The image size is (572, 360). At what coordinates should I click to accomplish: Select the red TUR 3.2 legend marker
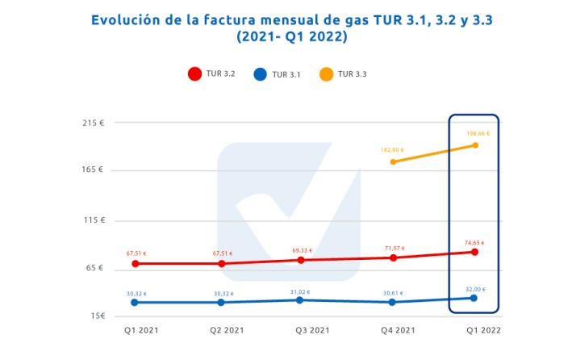[194, 74]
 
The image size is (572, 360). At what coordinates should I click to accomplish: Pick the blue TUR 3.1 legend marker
[260, 74]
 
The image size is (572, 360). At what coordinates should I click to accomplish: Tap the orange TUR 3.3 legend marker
[326, 74]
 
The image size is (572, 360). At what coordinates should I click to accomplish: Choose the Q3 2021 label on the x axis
[311, 331]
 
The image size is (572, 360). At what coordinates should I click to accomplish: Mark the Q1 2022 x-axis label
[482, 331]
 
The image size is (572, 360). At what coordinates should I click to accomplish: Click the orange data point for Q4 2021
[393, 161]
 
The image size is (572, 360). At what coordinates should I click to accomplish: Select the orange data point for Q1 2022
[475, 145]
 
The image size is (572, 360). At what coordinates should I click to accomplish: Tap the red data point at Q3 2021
[300, 260]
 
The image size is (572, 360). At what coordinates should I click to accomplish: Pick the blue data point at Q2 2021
[220, 302]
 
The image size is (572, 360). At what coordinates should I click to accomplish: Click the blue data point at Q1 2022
[474, 298]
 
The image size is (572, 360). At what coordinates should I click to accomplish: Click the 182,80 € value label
[391, 150]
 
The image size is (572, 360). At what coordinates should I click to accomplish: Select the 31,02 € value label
[299, 292]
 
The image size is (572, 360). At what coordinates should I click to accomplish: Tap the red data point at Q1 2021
[136, 263]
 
